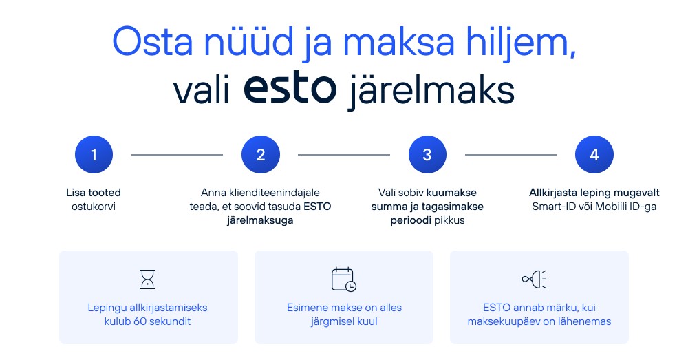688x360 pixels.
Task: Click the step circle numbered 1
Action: [94, 155]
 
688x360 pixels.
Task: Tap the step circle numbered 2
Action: [261, 155]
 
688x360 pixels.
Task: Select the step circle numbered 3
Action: [427, 155]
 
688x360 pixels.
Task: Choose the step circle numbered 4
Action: [594, 155]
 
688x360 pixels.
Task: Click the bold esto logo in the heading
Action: [290, 88]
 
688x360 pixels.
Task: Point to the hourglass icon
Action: [147, 279]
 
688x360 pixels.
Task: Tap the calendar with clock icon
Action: [343, 279]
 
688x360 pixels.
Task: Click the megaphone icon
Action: [534, 279]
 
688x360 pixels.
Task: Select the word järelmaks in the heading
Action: [431, 91]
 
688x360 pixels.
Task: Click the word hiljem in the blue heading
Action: [521, 43]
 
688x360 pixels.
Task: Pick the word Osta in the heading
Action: [153, 43]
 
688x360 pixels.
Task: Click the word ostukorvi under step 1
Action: [94, 207]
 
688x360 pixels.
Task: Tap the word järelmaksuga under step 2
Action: [260, 220]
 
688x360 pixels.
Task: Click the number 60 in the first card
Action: [140, 321]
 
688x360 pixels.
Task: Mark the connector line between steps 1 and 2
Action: [178, 155]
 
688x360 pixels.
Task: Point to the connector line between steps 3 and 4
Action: [510, 155]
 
